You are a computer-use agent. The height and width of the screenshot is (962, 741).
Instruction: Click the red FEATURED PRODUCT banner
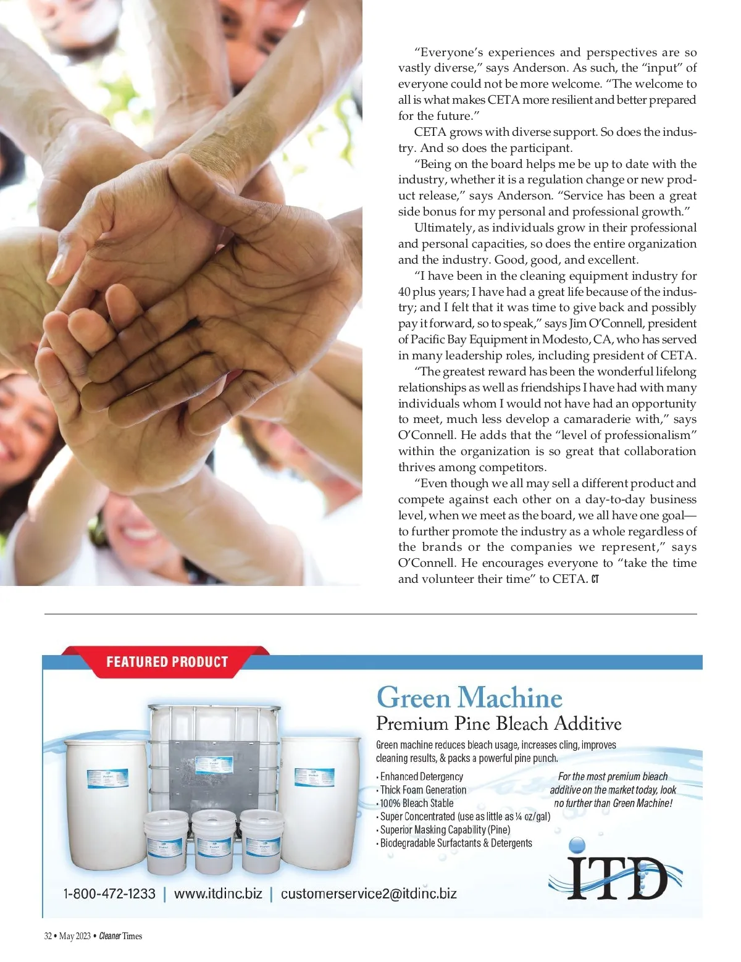167,662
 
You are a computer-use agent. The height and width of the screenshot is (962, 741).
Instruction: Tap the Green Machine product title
469,698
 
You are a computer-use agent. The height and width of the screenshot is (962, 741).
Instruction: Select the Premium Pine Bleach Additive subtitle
498,724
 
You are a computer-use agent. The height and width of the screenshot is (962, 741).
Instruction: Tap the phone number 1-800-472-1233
109,893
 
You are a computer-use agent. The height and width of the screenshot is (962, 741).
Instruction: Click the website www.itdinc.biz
218,893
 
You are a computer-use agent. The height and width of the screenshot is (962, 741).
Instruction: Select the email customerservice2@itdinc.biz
369,893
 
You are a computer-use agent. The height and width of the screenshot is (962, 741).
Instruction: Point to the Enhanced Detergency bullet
421,777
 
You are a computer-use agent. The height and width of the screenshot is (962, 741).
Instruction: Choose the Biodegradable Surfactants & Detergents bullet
456,843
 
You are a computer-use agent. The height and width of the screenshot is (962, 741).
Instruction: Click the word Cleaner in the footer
109,936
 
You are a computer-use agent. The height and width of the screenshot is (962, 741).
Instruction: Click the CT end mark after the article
595,579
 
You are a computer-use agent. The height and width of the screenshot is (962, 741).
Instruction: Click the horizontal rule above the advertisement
371,614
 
